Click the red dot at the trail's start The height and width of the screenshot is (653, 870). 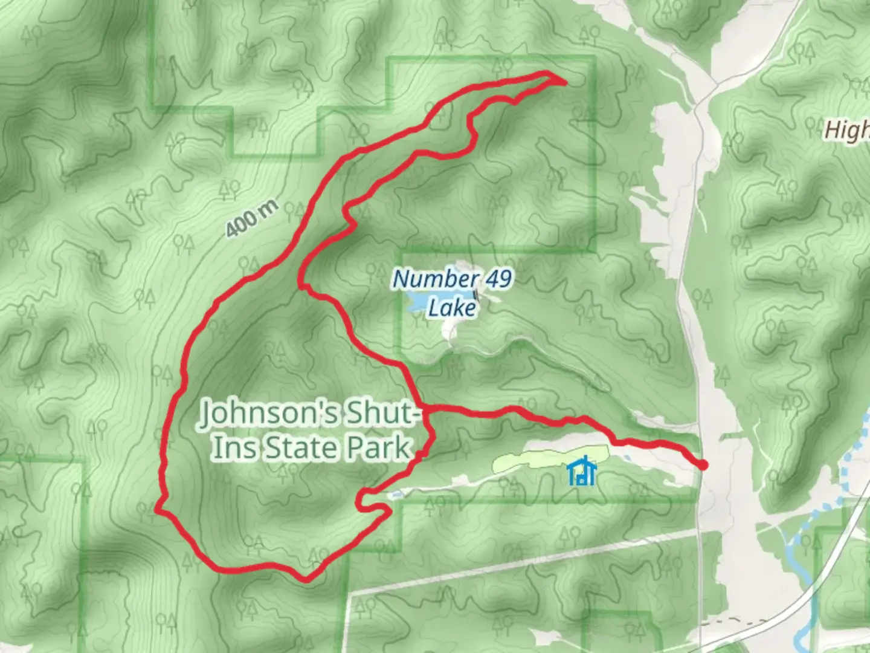click(x=703, y=464)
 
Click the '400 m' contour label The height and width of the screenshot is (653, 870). click(x=253, y=218)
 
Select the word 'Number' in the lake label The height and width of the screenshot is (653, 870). click(x=432, y=279)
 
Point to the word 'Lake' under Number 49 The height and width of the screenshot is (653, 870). click(x=452, y=308)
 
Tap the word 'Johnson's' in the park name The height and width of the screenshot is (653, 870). click(x=269, y=414)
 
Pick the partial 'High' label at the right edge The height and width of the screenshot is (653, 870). click(x=847, y=130)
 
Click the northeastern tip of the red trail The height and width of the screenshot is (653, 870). click(x=564, y=81)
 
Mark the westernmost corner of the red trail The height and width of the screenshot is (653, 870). click(x=158, y=510)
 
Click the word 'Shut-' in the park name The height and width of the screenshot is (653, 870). click(x=381, y=414)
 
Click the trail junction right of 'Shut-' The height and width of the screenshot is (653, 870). click(x=425, y=409)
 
